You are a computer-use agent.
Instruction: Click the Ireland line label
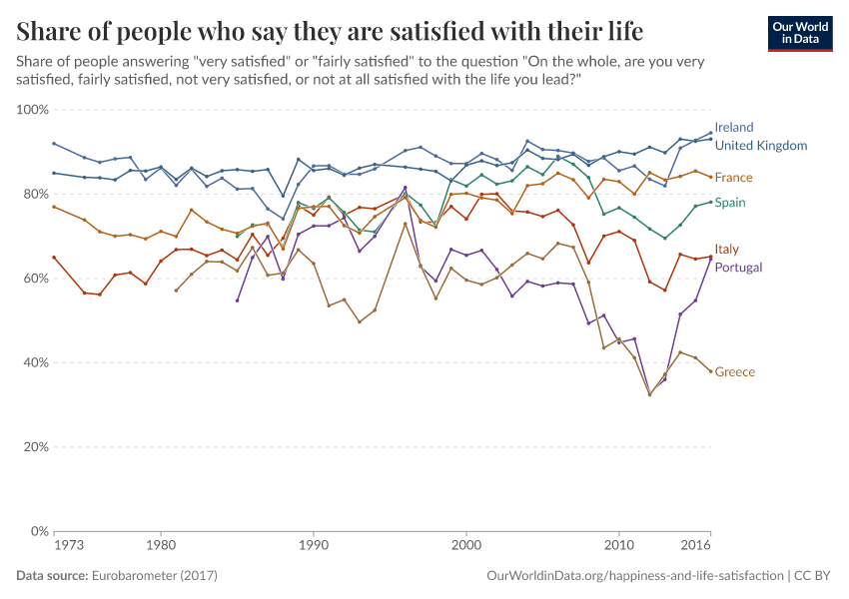click(x=734, y=128)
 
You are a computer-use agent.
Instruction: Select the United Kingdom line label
click(x=761, y=146)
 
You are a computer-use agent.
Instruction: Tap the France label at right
click(x=734, y=178)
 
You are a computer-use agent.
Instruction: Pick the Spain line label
click(x=730, y=203)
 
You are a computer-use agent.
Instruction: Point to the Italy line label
click(x=727, y=249)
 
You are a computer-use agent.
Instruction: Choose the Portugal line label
click(x=739, y=268)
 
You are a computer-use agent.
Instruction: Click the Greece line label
click(x=735, y=372)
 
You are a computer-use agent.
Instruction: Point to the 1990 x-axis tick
click(x=313, y=547)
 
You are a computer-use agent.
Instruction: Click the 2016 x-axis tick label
click(x=695, y=547)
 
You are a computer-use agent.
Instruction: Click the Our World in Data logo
click(x=800, y=33)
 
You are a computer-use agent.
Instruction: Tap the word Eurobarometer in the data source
click(x=131, y=576)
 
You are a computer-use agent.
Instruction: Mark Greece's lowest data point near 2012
click(x=649, y=394)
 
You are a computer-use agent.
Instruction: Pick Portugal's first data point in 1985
click(x=237, y=300)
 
